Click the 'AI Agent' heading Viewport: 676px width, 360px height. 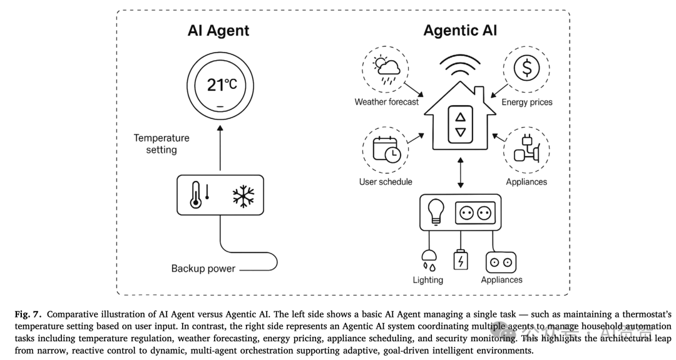(x=218, y=30)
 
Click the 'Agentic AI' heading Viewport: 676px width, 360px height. (x=460, y=30)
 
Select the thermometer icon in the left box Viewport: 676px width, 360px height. (x=196, y=195)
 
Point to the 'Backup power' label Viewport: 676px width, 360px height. (x=203, y=269)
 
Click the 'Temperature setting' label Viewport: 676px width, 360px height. (x=161, y=144)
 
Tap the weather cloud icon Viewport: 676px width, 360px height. (x=386, y=68)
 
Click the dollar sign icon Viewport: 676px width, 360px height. (x=526, y=68)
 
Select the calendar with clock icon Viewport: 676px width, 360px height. (x=386, y=150)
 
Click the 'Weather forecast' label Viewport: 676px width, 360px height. (x=386, y=101)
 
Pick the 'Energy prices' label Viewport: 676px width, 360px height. (x=527, y=101)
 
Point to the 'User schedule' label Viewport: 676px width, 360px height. (x=386, y=182)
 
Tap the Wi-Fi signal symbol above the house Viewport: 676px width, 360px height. (x=461, y=67)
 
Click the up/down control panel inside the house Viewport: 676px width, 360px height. (x=461, y=125)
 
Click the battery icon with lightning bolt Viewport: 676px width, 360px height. (x=460, y=260)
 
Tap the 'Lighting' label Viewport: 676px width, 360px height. (x=428, y=280)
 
